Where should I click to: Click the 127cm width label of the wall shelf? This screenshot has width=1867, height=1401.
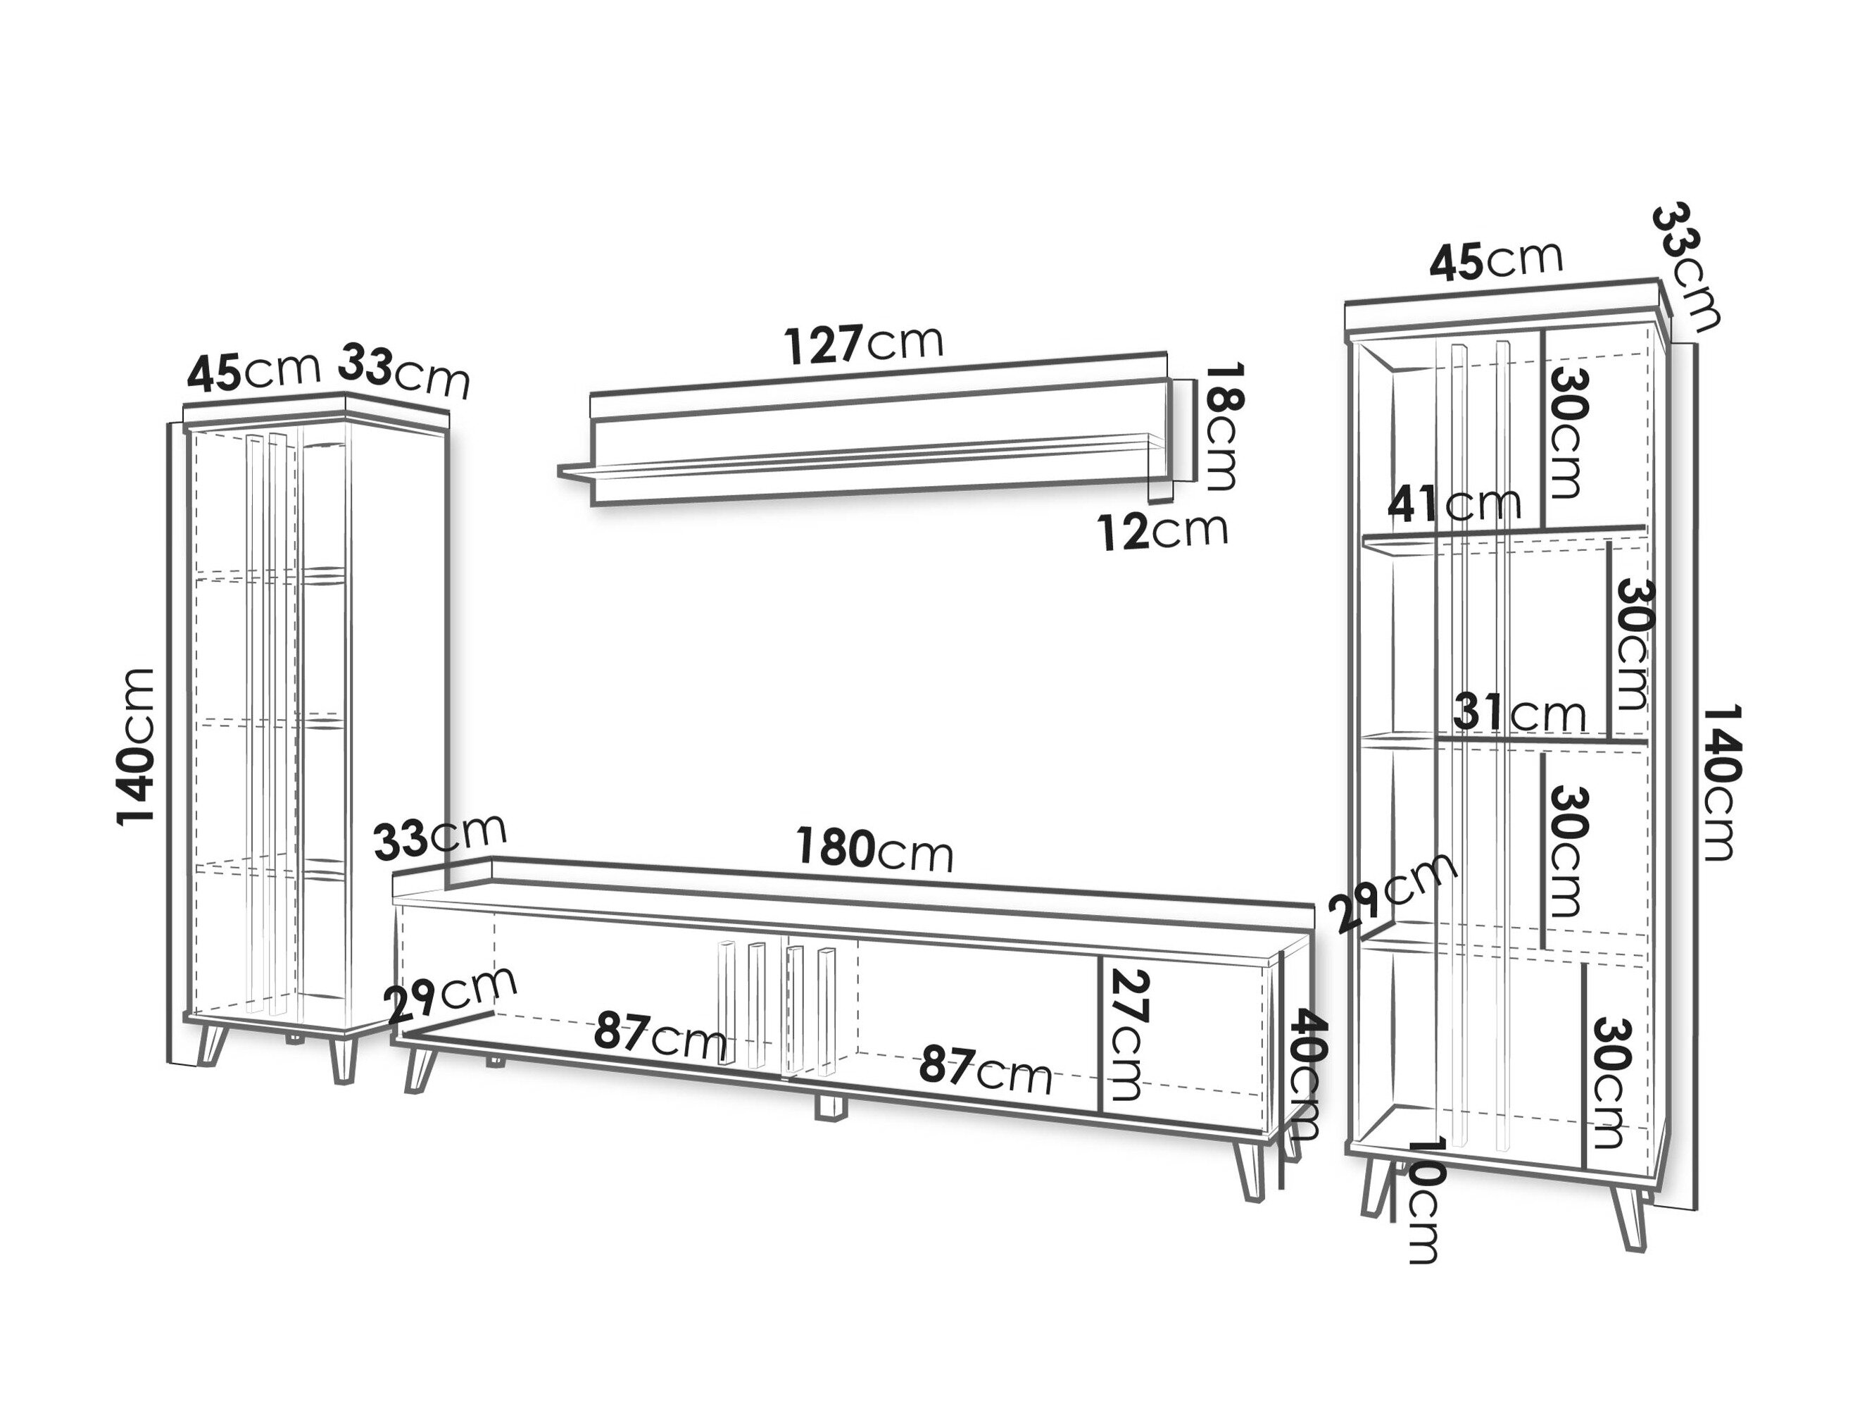862,344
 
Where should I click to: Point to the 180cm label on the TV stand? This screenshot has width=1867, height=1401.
875,849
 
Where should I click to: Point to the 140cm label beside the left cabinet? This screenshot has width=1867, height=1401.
136,747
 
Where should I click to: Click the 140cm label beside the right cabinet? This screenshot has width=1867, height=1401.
1723,783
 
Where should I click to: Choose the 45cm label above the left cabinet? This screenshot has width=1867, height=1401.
254,372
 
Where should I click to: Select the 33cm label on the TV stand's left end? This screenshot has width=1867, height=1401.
440,837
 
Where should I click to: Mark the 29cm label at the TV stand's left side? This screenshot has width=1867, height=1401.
450,994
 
